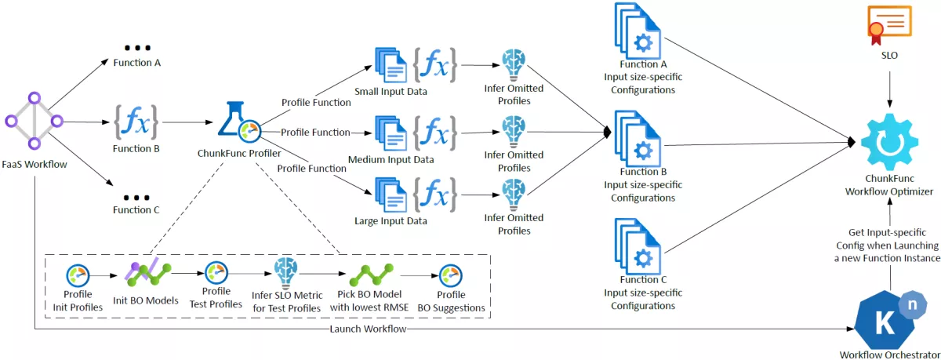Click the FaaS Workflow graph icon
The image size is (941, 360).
point(34,121)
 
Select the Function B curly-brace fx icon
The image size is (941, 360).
point(136,122)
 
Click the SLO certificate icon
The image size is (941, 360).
point(889,24)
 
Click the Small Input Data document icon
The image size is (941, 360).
point(391,65)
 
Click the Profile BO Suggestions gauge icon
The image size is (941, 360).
point(450,275)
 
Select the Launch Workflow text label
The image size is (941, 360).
point(369,329)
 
